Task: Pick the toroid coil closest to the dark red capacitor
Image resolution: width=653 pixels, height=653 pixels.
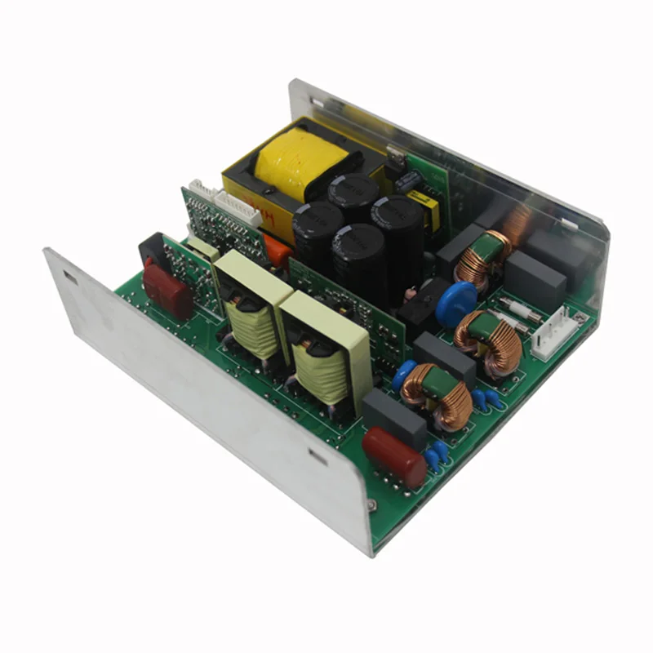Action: (x=436, y=395)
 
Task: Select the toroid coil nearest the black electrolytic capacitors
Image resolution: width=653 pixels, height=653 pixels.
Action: (x=482, y=257)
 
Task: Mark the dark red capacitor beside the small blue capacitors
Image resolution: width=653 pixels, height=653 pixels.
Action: (x=394, y=455)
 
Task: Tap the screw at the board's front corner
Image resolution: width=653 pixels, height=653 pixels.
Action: (x=372, y=505)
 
